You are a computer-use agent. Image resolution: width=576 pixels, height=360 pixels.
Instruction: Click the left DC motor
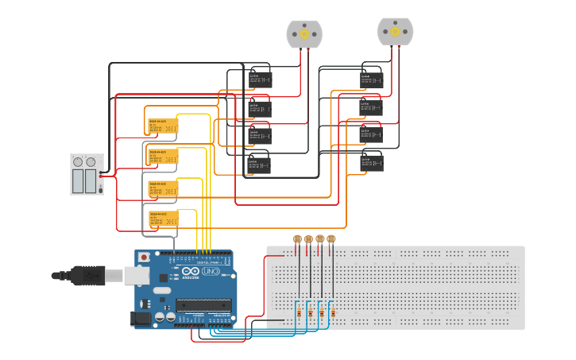pos(304,33)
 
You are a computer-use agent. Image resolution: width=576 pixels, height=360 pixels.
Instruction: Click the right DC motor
pos(395,31)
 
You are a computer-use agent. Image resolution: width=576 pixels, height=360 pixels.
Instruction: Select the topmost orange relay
pos(164,126)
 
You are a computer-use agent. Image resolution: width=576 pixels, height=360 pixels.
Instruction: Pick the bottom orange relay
pos(164,219)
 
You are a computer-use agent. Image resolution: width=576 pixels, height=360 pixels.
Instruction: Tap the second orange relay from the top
pos(164,157)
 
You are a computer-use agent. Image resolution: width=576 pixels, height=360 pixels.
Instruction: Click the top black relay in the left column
pos(260,79)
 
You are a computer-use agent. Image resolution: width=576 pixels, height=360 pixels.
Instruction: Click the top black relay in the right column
pos(371,79)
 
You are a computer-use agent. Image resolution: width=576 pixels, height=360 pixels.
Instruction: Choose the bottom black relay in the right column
pos(371,163)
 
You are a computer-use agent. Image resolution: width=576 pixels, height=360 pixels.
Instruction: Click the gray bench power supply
pos(86,174)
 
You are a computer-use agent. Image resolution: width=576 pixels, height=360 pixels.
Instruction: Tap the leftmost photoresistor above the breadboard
pos(297,239)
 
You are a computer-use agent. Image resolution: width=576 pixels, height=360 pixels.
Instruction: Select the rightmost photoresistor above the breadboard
pos(331,239)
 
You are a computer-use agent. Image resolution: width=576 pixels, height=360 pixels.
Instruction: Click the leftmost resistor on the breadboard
pos(299,314)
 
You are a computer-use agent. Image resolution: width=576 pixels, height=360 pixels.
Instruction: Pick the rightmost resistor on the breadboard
pos(332,314)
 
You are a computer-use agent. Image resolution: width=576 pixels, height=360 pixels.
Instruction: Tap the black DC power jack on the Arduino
pos(141,319)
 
